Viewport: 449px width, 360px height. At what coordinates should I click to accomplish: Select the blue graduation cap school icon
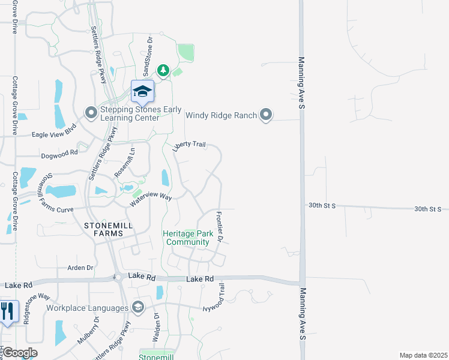coord(143,91)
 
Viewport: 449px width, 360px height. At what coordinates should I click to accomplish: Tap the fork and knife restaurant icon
coord(8,311)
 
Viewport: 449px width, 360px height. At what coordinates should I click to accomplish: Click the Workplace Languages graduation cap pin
coord(138,308)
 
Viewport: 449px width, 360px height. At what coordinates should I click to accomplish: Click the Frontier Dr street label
coord(220,227)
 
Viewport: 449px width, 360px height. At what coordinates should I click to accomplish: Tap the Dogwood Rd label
coord(59,154)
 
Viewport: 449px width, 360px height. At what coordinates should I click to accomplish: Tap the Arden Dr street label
coord(81,268)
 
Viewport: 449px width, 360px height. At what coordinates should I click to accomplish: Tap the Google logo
coord(19,353)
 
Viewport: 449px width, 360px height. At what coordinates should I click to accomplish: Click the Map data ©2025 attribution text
coord(423,355)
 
